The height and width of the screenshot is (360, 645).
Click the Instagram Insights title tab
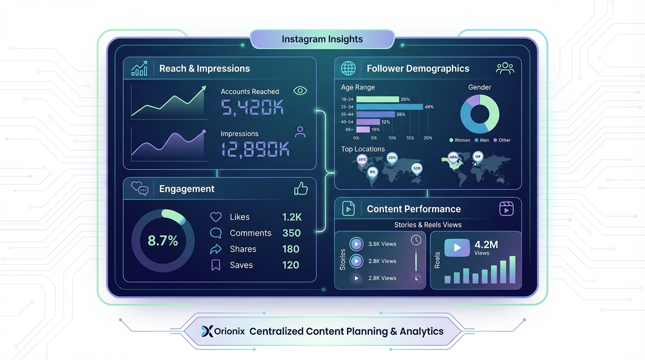pyautogui.click(x=322, y=39)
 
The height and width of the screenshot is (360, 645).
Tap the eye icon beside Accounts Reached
pyautogui.click(x=300, y=91)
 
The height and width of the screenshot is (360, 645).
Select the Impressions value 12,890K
pyautogui.click(x=255, y=149)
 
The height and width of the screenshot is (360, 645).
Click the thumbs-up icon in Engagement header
pyautogui.click(x=300, y=188)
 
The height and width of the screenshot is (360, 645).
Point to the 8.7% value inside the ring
pyautogui.click(x=163, y=241)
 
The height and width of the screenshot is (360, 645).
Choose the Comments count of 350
pyautogui.click(x=291, y=233)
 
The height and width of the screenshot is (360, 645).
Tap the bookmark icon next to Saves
pyautogui.click(x=216, y=265)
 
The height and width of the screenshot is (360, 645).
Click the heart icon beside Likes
pyautogui.click(x=216, y=217)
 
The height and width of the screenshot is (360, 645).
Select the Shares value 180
pyautogui.click(x=291, y=249)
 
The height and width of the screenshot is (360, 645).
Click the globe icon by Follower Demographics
pyautogui.click(x=348, y=68)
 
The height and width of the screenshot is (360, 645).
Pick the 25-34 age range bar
pyautogui.click(x=389, y=107)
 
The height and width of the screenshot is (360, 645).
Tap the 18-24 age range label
pyautogui.click(x=347, y=99)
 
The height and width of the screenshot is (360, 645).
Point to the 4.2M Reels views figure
pyautogui.click(x=486, y=245)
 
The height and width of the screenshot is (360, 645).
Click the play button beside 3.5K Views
pyautogui.click(x=357, y=244)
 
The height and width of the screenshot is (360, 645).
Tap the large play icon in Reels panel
pyautogui.click(x=457, y=247)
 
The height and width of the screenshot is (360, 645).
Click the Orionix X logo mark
pyautogui.click(x=207, y=331)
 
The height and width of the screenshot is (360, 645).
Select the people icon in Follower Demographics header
pyautogui.click(x=505, y=68)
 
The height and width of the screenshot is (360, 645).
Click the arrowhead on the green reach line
pyautogui.click(x=203, y=89)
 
